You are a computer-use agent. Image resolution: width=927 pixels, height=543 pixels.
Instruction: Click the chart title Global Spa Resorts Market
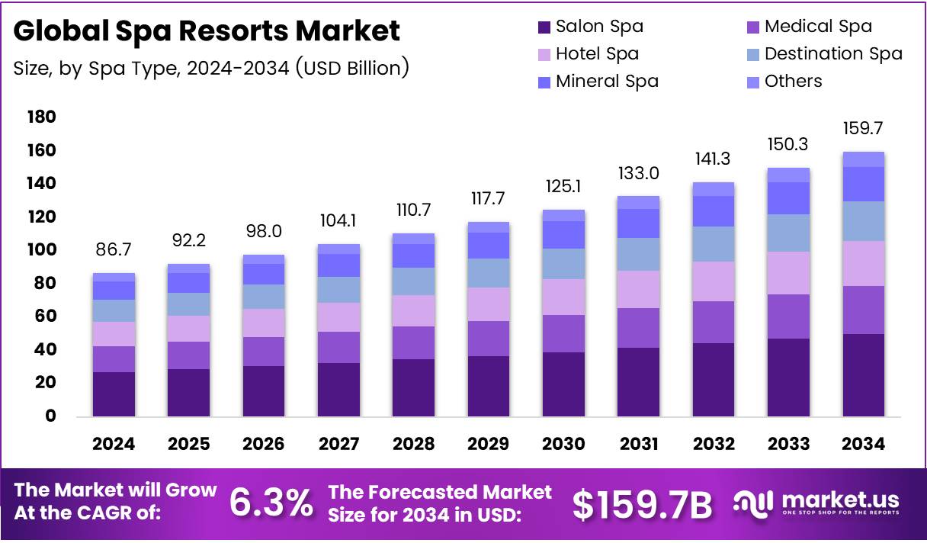207,31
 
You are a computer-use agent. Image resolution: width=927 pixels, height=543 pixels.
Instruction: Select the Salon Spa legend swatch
543,27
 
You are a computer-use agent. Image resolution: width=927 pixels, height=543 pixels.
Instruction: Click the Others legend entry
793,81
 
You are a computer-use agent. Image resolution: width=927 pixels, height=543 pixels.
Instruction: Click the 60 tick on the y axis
44,316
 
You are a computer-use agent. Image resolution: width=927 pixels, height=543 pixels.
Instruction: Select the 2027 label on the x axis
338,444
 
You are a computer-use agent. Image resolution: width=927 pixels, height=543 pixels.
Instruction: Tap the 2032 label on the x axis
713,444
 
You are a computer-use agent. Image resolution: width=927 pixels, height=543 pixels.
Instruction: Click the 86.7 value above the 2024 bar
114,249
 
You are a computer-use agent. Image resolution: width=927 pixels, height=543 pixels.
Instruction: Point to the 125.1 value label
563,186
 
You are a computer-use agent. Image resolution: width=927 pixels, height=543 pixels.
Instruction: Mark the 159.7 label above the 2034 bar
863,128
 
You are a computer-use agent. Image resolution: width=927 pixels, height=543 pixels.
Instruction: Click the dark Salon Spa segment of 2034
863,374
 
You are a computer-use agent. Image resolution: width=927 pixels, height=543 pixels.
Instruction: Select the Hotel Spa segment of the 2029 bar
489,304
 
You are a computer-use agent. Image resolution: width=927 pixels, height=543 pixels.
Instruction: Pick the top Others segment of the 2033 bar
788,175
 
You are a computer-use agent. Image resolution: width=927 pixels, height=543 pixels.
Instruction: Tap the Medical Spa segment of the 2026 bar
264,351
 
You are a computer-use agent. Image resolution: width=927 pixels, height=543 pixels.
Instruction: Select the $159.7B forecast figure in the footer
642,503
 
